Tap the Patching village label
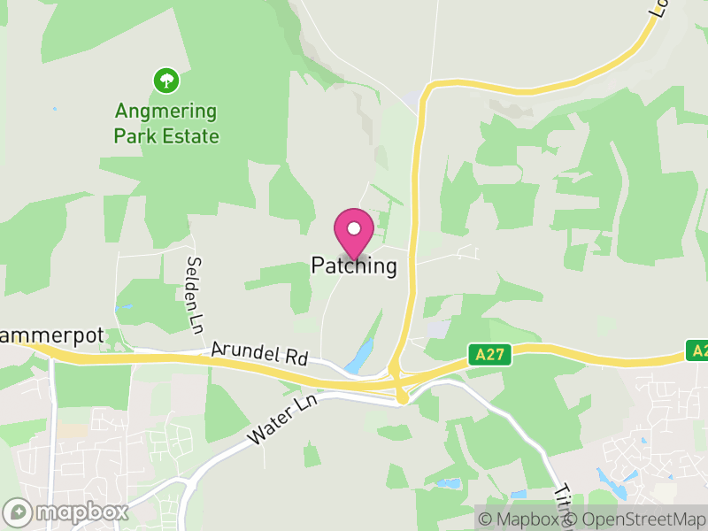coord(354,265)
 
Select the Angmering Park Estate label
coord(166,124)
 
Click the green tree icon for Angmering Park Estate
coord(166,81)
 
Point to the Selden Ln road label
coord(194,289)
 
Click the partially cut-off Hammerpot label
coord(51,336)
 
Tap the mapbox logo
coord(66,512)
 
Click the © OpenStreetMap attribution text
coord(637,519)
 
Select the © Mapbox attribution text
coord(522,519)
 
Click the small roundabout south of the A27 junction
coord(403,399)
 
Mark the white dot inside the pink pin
coord(354,228)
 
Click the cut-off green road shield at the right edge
coord(698,350)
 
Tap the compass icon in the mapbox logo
coord(18,512)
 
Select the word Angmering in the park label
coord(166,112)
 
